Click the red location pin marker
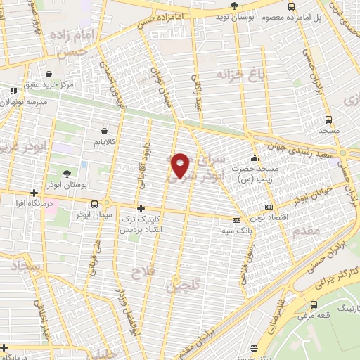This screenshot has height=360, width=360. pos(181,165)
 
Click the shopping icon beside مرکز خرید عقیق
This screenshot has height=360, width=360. pos(49,74)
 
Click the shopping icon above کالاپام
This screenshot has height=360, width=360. pos(105,130)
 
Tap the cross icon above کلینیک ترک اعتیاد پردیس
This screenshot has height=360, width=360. pos(141,208)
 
